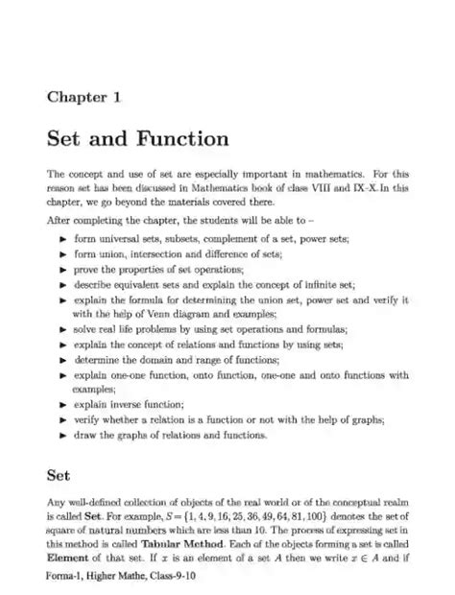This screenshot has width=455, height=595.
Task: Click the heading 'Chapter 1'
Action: pos(84,97)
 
